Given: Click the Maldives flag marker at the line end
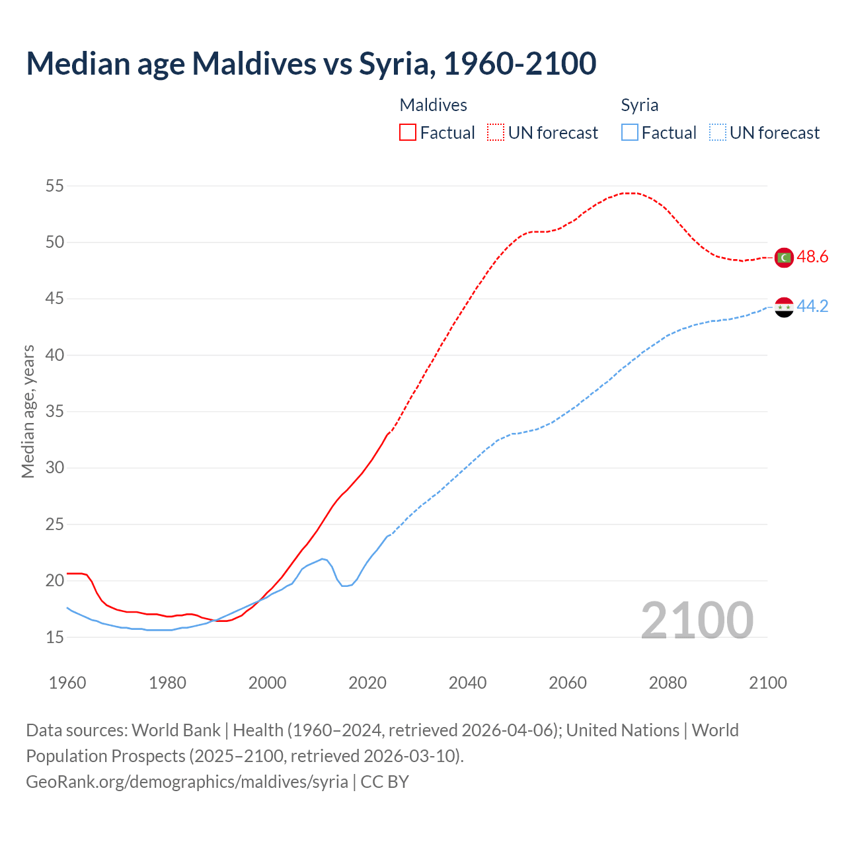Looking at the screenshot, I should (784, 257).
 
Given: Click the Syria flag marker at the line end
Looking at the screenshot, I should (784, 307).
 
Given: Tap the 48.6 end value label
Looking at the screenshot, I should (812, 257).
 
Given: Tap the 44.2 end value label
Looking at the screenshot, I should (812, 307).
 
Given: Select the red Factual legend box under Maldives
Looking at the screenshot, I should (408, 133).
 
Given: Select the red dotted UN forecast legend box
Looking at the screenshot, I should (496, 133).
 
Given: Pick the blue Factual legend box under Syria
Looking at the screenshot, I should (630, 133).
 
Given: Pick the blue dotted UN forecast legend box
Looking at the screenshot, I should (717, 133).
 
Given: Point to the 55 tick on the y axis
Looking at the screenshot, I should (55, 186).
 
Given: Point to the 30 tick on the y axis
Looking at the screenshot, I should (55, 468).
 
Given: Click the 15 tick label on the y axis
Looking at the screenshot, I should (55, 638).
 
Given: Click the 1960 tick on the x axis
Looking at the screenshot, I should (67, 683).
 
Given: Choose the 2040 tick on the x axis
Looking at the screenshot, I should (467, 683).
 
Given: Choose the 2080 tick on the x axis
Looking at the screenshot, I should (668, 683).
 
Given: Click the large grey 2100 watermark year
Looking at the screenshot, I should (697, 621).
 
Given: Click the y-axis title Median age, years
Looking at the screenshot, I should (28, 411).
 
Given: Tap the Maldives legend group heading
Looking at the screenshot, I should (434, 105).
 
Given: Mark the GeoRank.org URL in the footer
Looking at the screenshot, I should (187, 782).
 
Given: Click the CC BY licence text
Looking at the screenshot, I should (385, 782).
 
